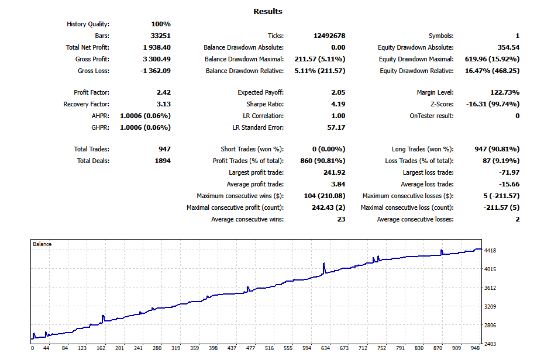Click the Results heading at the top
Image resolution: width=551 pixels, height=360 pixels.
(x=268, y=11)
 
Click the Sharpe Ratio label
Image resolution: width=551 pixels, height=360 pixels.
(x=264, y=104)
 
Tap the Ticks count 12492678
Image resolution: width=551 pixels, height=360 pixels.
(x=329, y=36)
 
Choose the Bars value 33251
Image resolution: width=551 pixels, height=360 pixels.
(x=160, y=36)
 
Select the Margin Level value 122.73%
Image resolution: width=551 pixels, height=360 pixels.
(x=504, y=92)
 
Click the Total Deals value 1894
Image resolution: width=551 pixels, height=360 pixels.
(x=161, y=161)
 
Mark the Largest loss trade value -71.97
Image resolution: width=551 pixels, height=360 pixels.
(x=508, y=172)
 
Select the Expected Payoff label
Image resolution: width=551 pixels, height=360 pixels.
(x=260, y=92)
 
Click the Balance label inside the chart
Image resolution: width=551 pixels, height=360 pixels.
(x=42, y=244)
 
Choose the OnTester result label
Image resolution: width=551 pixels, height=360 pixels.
(x=431, y=116)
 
